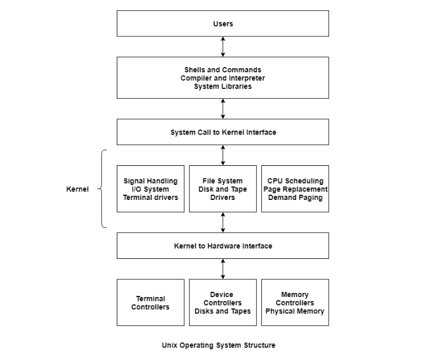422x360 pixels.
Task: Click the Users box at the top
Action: point(223,24)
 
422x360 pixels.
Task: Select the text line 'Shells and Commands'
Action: point(223,70)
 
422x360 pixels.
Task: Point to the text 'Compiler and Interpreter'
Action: point(223,78)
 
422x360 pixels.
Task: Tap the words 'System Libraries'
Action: point(223,86)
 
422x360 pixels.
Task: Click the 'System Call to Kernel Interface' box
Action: point(223,132)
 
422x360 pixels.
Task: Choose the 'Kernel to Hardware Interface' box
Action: point(223,246)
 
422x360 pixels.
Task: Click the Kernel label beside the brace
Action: point(77,189)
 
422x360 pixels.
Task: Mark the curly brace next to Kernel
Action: point(102,189)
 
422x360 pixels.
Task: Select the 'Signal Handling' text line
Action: point(150,181)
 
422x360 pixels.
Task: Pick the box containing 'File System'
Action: point(223,189)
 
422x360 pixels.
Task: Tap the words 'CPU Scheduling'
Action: point(295,181)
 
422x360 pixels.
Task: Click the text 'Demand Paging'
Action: point(295,197)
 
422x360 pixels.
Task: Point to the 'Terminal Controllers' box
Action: point(150,303)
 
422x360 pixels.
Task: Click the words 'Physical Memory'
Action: point(295,311)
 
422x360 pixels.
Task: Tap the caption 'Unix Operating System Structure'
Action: point(219,345)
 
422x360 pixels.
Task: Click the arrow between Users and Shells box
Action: point(223,47)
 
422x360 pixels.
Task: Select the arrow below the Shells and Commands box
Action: point(223,109)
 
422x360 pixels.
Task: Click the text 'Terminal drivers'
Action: point(150,197)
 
